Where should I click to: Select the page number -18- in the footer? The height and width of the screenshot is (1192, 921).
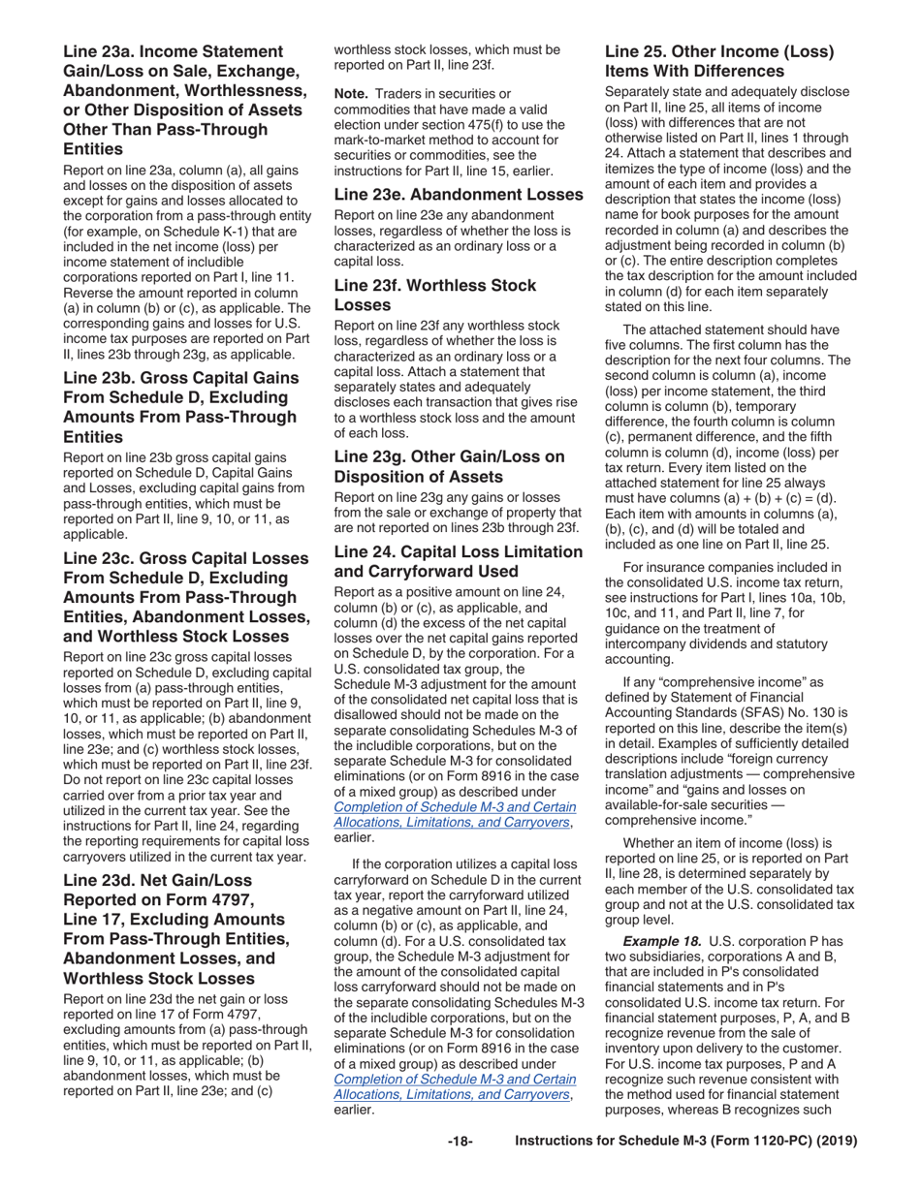click(460, 1142)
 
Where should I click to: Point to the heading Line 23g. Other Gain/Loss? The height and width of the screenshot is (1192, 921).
click(449, 465)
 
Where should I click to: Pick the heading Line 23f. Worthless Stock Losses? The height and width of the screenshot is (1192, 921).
click(434, 295)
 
